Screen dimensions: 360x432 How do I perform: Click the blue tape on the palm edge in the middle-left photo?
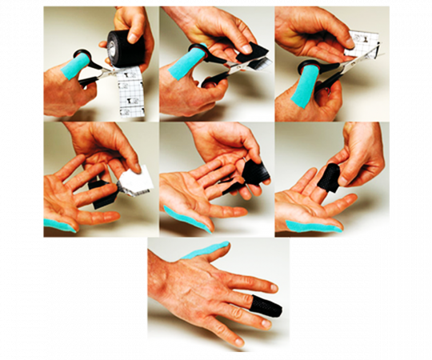[x=58, y=226]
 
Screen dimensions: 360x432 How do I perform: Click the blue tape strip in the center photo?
[x=186, y=219]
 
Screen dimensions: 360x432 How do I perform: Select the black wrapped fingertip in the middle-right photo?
[x=328, y=178]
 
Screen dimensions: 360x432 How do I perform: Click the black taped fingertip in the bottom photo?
[x=268, y=306]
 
